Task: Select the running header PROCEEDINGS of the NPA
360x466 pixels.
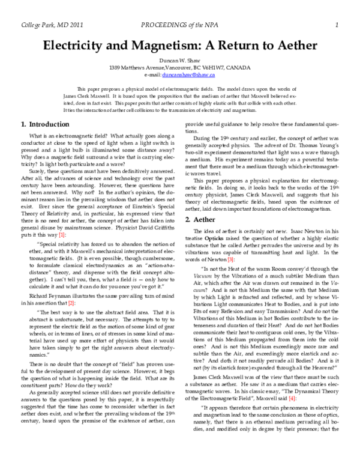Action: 181,25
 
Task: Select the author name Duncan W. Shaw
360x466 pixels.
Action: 179,60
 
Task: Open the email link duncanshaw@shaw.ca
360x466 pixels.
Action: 196,75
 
